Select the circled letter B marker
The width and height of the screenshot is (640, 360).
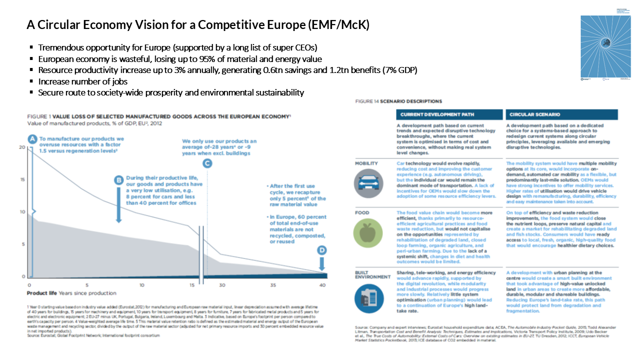(119, 180)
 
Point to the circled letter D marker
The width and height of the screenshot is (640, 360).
(321, 249)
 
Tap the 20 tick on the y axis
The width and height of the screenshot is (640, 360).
(21, 147)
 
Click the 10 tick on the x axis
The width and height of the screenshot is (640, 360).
(142, 284)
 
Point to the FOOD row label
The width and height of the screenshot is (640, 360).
(363, 212)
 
